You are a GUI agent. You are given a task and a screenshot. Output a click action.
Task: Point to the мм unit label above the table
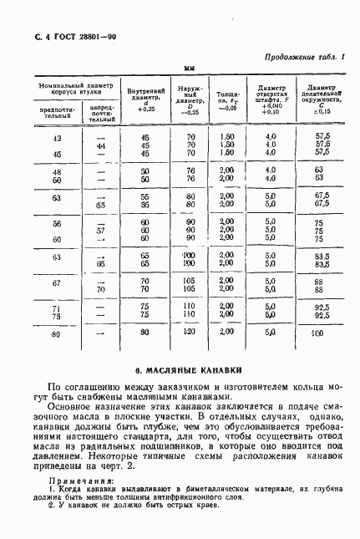[x=189, y=71]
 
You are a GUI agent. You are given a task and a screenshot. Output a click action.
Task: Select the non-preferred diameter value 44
[x=100, y=145]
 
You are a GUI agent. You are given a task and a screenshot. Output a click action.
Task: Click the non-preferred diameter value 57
[x=100, y=231]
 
